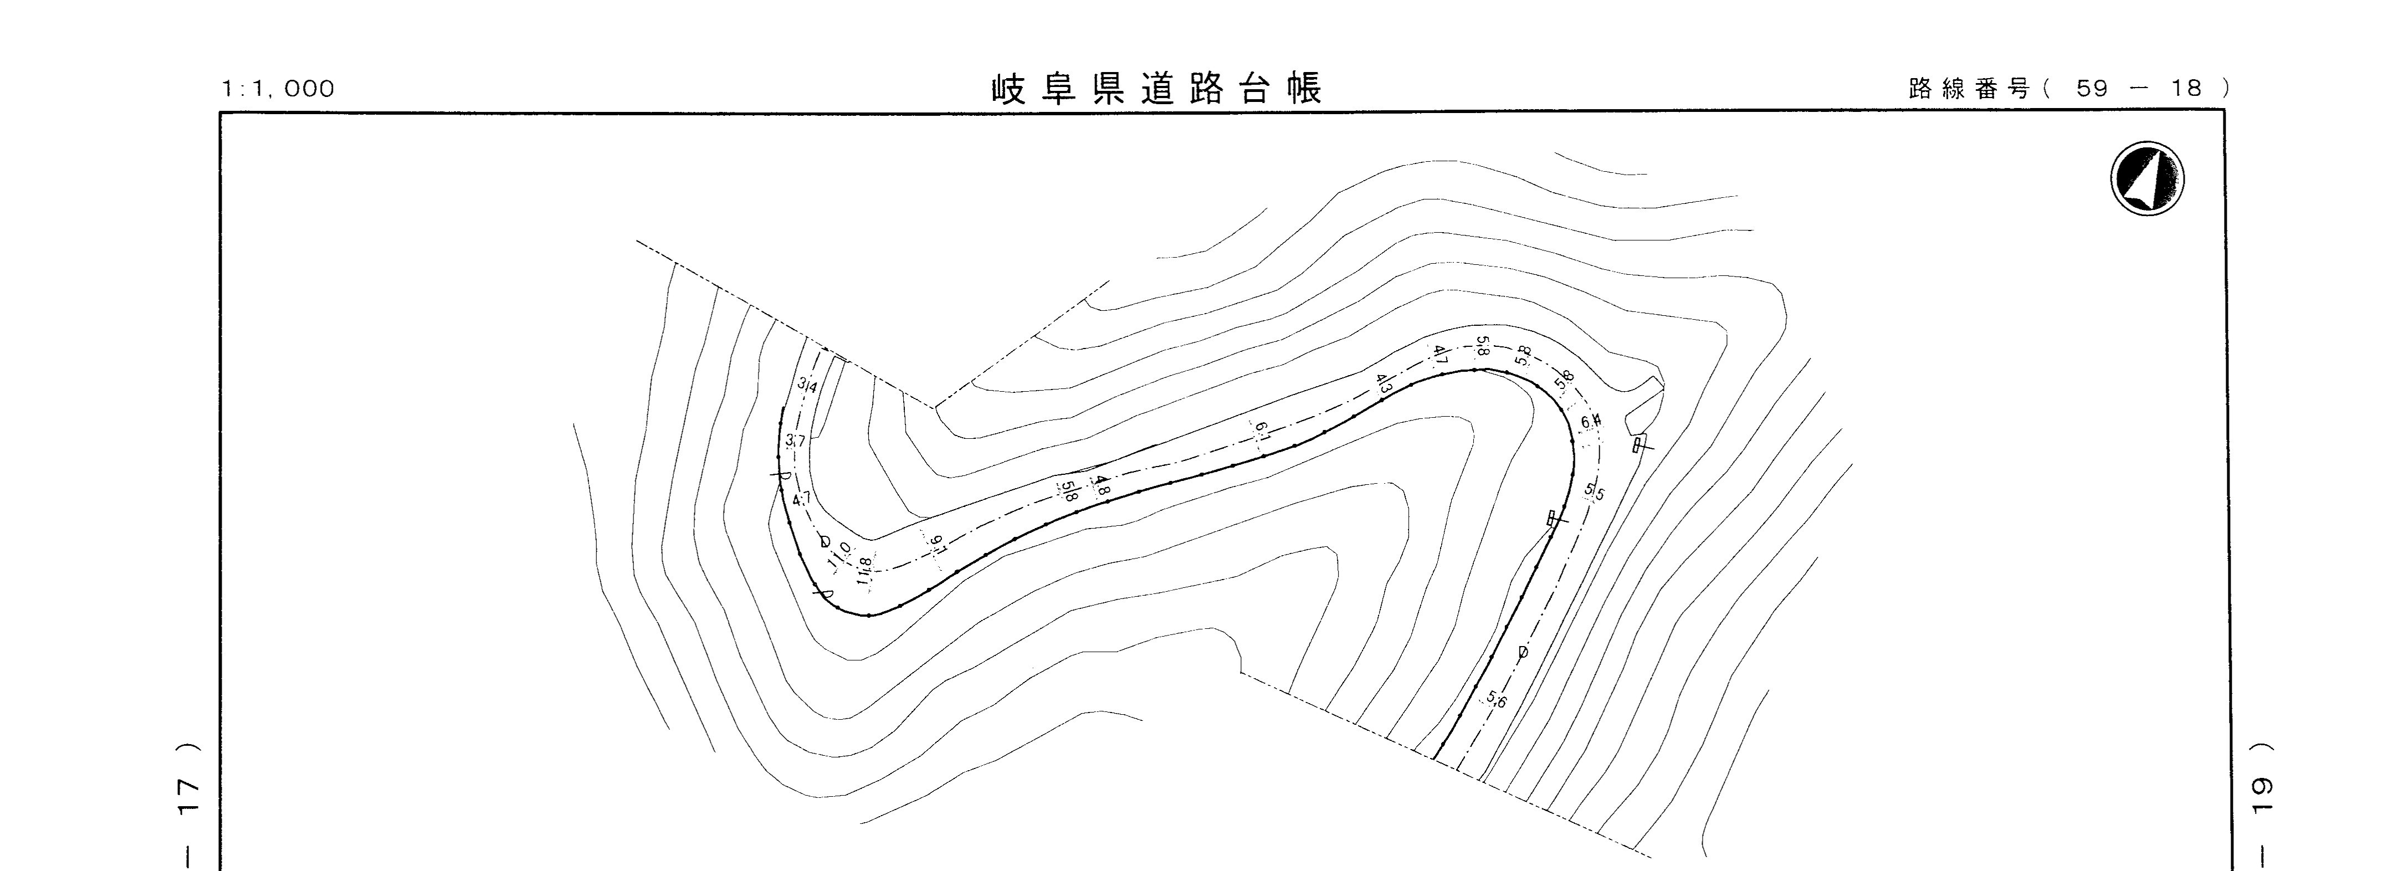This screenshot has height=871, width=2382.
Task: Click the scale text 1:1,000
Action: click(278, 89)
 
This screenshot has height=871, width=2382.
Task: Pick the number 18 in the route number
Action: click(2187, 89)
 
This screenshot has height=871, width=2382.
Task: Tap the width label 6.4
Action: click(1590, 423)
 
